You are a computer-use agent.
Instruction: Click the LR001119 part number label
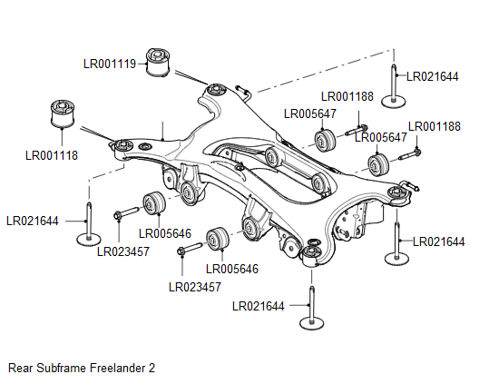(110, 64)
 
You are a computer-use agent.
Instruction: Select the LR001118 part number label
(52, 155)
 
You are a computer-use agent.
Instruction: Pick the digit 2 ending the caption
(152, 369)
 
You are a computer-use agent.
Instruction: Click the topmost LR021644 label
(432, 77)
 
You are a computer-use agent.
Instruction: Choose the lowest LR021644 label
(259, 306)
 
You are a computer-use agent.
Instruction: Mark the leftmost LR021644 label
(33, 221)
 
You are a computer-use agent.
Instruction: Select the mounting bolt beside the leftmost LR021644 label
(88, 227)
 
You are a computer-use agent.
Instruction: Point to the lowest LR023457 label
(195, 287)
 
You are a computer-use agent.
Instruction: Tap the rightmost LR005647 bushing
(377, 164)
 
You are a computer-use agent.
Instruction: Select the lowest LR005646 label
(233, 269)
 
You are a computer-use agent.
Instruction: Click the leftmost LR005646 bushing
(154, 203)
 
